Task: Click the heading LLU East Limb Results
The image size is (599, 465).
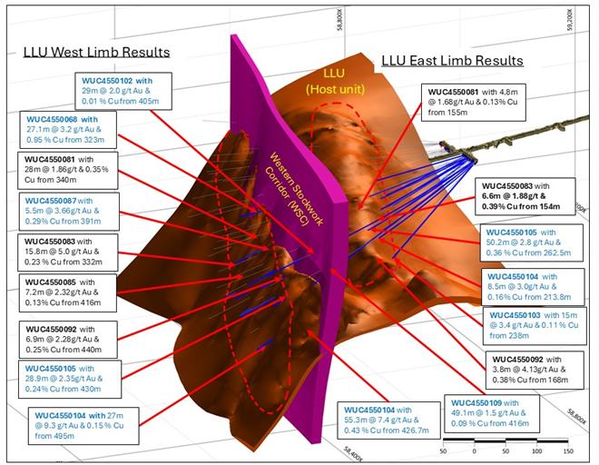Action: click(451, 61)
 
